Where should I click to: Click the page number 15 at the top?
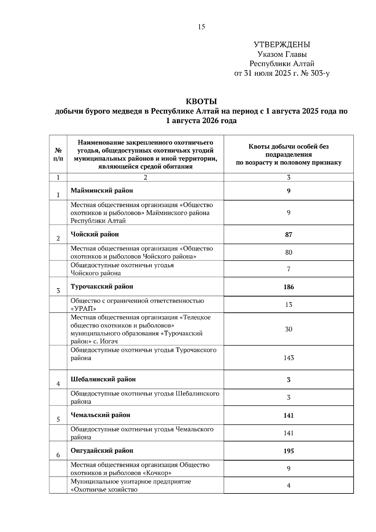pyautogui.click(x=201, y=27)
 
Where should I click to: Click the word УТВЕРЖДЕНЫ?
pyautogui.click(x=282, y=45)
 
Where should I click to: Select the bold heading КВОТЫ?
pyautogui.click(x=201, y=102)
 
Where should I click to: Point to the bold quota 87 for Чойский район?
pyautogui.click(x=289, y=235)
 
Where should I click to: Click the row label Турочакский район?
pyautogui.click(x=102, y=287)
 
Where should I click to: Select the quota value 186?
pyautogui.click(x=289, y=287)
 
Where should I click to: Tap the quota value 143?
pyautogui.click(x=289, y=358)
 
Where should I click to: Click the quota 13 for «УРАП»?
pyautogui.click(x=289, y=305)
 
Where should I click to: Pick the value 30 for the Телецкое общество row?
pyautogui.click(x=289, y=329)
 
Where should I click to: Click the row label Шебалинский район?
pyautogui.click(x=103, y=379)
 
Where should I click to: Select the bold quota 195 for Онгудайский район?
pyautogui.click(x=289, y=451)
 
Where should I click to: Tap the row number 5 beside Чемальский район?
pyautogui.click(x=58, y=419)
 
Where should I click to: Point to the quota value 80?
pyautogui.click(x=289, y=252)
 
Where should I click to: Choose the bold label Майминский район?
pyautogui.click(x=102, y=190)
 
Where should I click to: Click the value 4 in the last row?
pyautogui.click(x=289, y=485)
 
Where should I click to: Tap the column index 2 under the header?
pyautogui.click(x=145, y=178)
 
